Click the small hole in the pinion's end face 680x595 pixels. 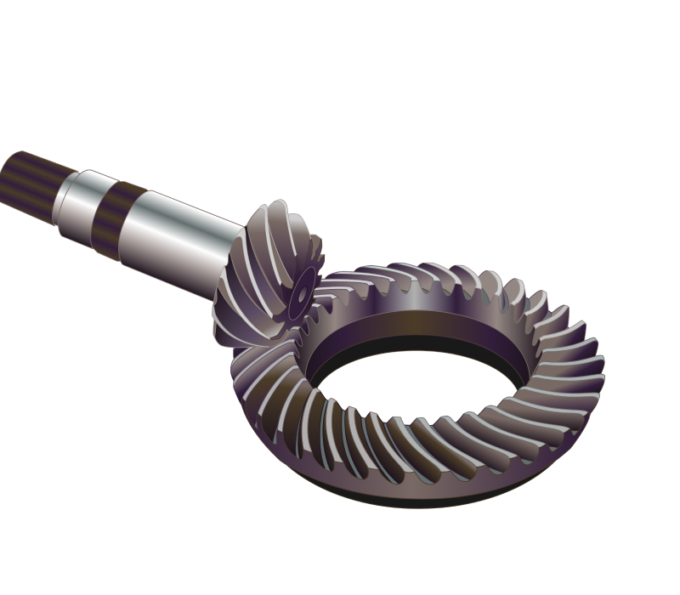pos(302,292)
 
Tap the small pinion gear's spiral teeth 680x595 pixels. pos(255,272)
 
